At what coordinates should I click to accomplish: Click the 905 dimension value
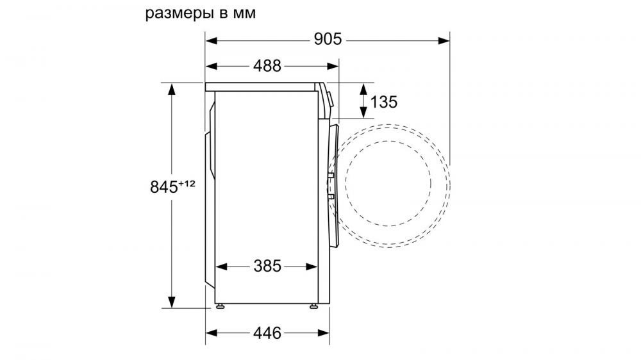[x=328, y=39]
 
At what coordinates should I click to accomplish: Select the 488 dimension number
[x=267, y=66]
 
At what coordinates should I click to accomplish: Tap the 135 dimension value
[x=383, y=102]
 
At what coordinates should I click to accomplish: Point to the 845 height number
[x=164, y=187]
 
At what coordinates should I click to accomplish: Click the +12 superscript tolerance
[x=187, y=183]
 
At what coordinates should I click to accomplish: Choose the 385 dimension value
[x=267, y=266]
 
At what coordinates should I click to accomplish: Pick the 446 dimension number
[x=267, y=333]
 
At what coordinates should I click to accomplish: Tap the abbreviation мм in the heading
[x=244, y=13]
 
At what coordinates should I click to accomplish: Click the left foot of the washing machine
[x=220, y=306]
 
